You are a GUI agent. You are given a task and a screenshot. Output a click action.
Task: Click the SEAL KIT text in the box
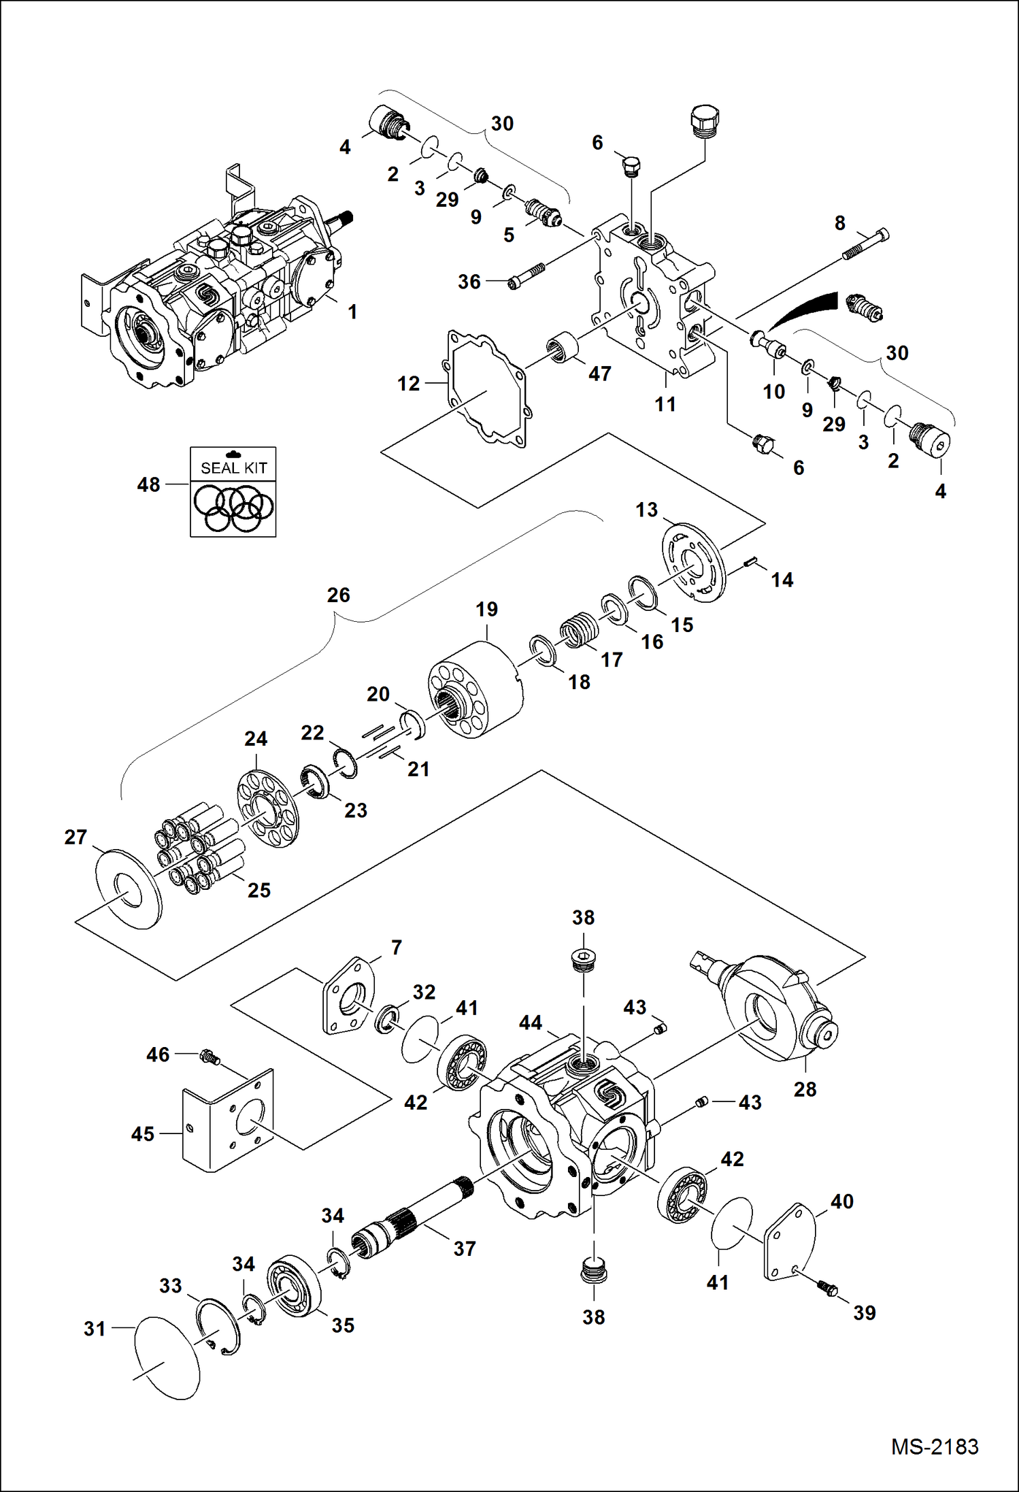[x=233, y=468]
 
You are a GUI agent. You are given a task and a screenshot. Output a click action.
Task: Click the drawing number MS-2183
[x=935, y=1446]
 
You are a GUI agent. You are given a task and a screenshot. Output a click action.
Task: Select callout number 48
[x=148, y=485]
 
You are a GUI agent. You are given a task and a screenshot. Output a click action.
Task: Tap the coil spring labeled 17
[x=580, y=630]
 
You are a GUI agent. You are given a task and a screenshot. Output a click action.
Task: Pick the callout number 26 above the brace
[x=338, y=595]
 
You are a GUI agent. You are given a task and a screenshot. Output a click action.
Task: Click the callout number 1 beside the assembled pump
[x=352, y=312]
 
